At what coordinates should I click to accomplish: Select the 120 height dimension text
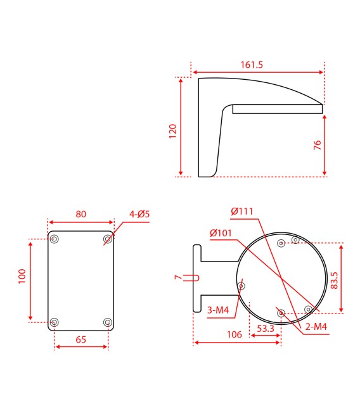(x=172, y=130)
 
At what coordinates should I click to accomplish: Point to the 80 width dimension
(x=81, y=214)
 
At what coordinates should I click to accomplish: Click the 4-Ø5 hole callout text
(x=139, y=214)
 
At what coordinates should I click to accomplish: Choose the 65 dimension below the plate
(x=81, y=339)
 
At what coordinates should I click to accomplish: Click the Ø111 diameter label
(x=242, y=211)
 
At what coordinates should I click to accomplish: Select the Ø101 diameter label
(x=221, y=232)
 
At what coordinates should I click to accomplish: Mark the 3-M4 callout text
(x=219, y=310)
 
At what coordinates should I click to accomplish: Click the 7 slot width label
(x=177, y=277)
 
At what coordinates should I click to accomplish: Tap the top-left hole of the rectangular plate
(x=55, y=239)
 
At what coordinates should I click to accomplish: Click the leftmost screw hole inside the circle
(x=241, y=286)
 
